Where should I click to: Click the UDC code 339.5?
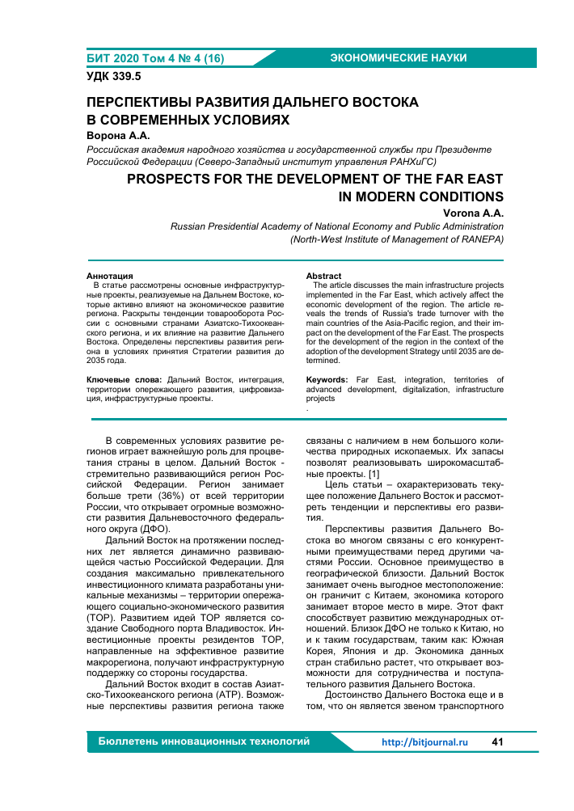click(x=114, y=77)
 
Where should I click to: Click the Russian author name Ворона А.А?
click(x=119, y=136)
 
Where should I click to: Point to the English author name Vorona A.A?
click(x=474, y=213)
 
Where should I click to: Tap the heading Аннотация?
click(x=110, y=277)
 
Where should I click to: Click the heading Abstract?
click(x=323, y=277)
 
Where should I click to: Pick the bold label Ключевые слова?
click(x=123, y=379)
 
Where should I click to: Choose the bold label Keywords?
click(x=327, y=379)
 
